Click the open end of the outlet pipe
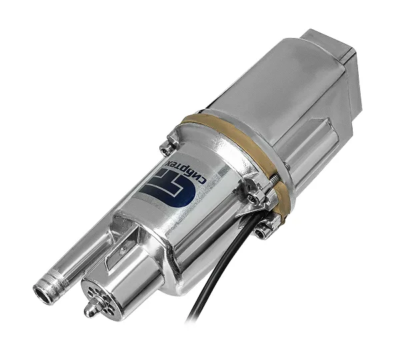click(43, 295)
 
